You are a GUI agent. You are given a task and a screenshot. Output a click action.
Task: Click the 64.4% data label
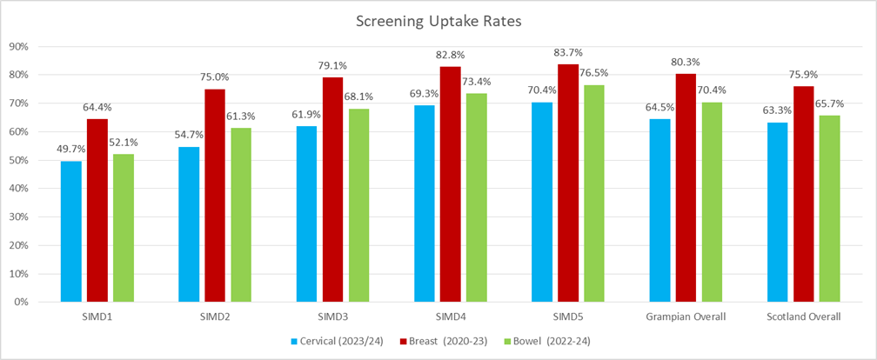(97, 108)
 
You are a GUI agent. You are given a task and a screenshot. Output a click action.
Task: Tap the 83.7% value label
(568, 53)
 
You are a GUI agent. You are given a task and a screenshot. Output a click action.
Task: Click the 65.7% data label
(829, 103)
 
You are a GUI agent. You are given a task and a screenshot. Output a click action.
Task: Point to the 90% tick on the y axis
(19, 47)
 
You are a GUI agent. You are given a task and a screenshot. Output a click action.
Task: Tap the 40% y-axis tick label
(19, 189)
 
